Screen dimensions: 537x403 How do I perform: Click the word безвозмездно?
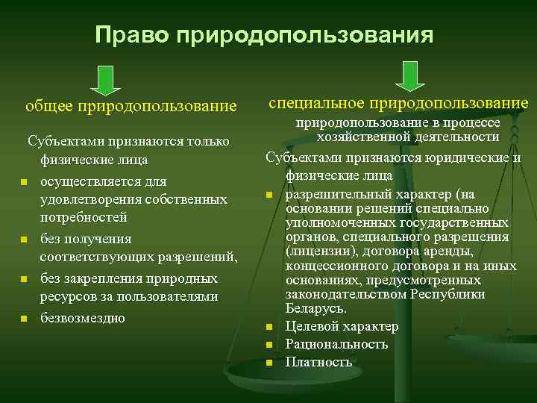click(82, 317)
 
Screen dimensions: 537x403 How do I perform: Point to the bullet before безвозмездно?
click(24, 319)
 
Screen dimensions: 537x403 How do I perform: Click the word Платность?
click(318, 362)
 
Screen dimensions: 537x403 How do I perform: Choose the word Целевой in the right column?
click(312, 326)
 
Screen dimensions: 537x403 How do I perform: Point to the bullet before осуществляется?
click(24, 183)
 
